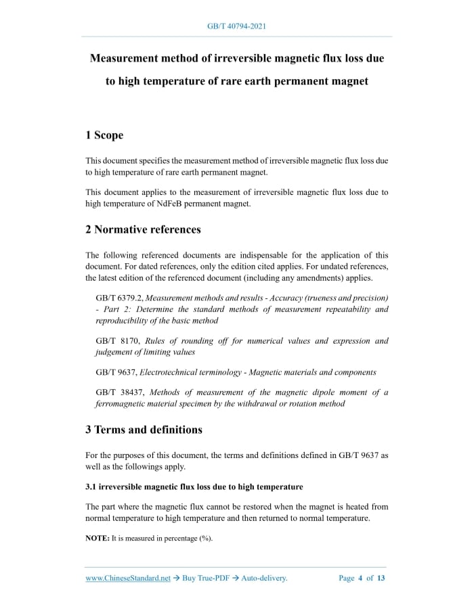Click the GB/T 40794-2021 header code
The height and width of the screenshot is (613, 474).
point(236,26)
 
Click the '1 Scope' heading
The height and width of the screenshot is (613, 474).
point(104,135)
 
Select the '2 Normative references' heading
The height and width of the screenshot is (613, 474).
point(143,229)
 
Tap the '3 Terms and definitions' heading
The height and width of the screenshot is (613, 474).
point(144,430)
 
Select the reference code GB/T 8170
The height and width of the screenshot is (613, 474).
point(116,341)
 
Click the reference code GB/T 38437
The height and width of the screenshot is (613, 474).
point(118,392)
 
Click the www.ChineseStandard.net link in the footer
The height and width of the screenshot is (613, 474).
point(128,578)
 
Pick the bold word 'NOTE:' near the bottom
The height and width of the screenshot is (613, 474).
point(98,538)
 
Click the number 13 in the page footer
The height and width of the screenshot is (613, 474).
point(381,578)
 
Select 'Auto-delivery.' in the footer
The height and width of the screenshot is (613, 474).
point(265,578)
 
